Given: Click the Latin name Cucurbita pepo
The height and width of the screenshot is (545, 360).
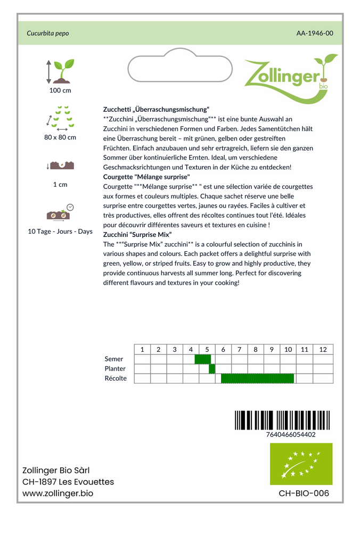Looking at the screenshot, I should [x=48, y=33].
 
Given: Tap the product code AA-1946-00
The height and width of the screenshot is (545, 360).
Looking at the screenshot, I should [x=315, y=33].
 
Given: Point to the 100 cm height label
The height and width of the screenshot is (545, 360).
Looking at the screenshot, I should [x=60, y=90].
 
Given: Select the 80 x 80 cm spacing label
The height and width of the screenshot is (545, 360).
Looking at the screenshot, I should [x=60, y=137].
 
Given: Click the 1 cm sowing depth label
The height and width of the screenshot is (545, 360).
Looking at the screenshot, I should [x=60, y=185].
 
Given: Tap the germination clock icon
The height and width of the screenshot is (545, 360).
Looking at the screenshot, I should [x=70, y=207].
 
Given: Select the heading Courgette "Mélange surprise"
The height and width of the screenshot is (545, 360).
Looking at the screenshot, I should [x=146, y=177].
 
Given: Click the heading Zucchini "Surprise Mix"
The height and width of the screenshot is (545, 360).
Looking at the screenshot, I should [x=137, y=235].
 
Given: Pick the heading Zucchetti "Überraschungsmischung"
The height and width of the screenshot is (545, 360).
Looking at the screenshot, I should [x=156, y=109].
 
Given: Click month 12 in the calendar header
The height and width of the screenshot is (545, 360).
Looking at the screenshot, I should [x=323, y=350].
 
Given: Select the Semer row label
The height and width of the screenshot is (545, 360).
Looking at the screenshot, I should [x=114, y=359].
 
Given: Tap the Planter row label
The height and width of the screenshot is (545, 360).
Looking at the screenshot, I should [x=116, y=369].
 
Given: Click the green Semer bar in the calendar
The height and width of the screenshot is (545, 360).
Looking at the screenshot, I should [x=203, y=359].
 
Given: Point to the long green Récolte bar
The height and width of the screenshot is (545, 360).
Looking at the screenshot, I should [x=257, y=378].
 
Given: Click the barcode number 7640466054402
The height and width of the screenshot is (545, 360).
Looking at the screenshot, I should [x=291, y=434].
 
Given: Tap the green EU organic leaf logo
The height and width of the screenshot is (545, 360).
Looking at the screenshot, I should [x=301, y=464].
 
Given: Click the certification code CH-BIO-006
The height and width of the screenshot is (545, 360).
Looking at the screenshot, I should [x=304, y=493].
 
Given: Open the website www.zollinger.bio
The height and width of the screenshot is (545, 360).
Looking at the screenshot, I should [x=58, y=494].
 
